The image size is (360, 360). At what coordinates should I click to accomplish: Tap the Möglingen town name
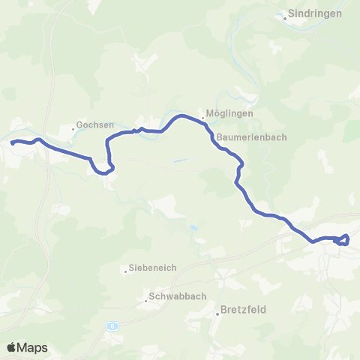click(x=229, y=114)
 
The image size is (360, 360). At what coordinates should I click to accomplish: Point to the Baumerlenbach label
click(x=248, y=138)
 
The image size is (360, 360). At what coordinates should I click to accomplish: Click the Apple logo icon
click(x=13, y=347)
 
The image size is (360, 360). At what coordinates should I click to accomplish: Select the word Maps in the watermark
click(x=34, y=347)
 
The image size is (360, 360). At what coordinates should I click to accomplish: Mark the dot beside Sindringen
click(x=285, y=18)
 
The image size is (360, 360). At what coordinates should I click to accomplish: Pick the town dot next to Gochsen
click(x=73, y=128)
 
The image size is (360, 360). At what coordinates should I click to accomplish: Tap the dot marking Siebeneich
click(x=126, y=271)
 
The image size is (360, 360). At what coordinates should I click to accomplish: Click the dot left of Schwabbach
click(x=146, y=301)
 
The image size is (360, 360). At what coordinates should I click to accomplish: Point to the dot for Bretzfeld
click(x=217, y=313)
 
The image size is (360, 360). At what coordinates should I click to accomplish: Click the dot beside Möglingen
click(x=202, y=118)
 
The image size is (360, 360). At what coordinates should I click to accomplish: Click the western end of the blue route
click(x=13, y=141)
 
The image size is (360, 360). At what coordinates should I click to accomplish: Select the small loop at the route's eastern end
click(x=343, y=239)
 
